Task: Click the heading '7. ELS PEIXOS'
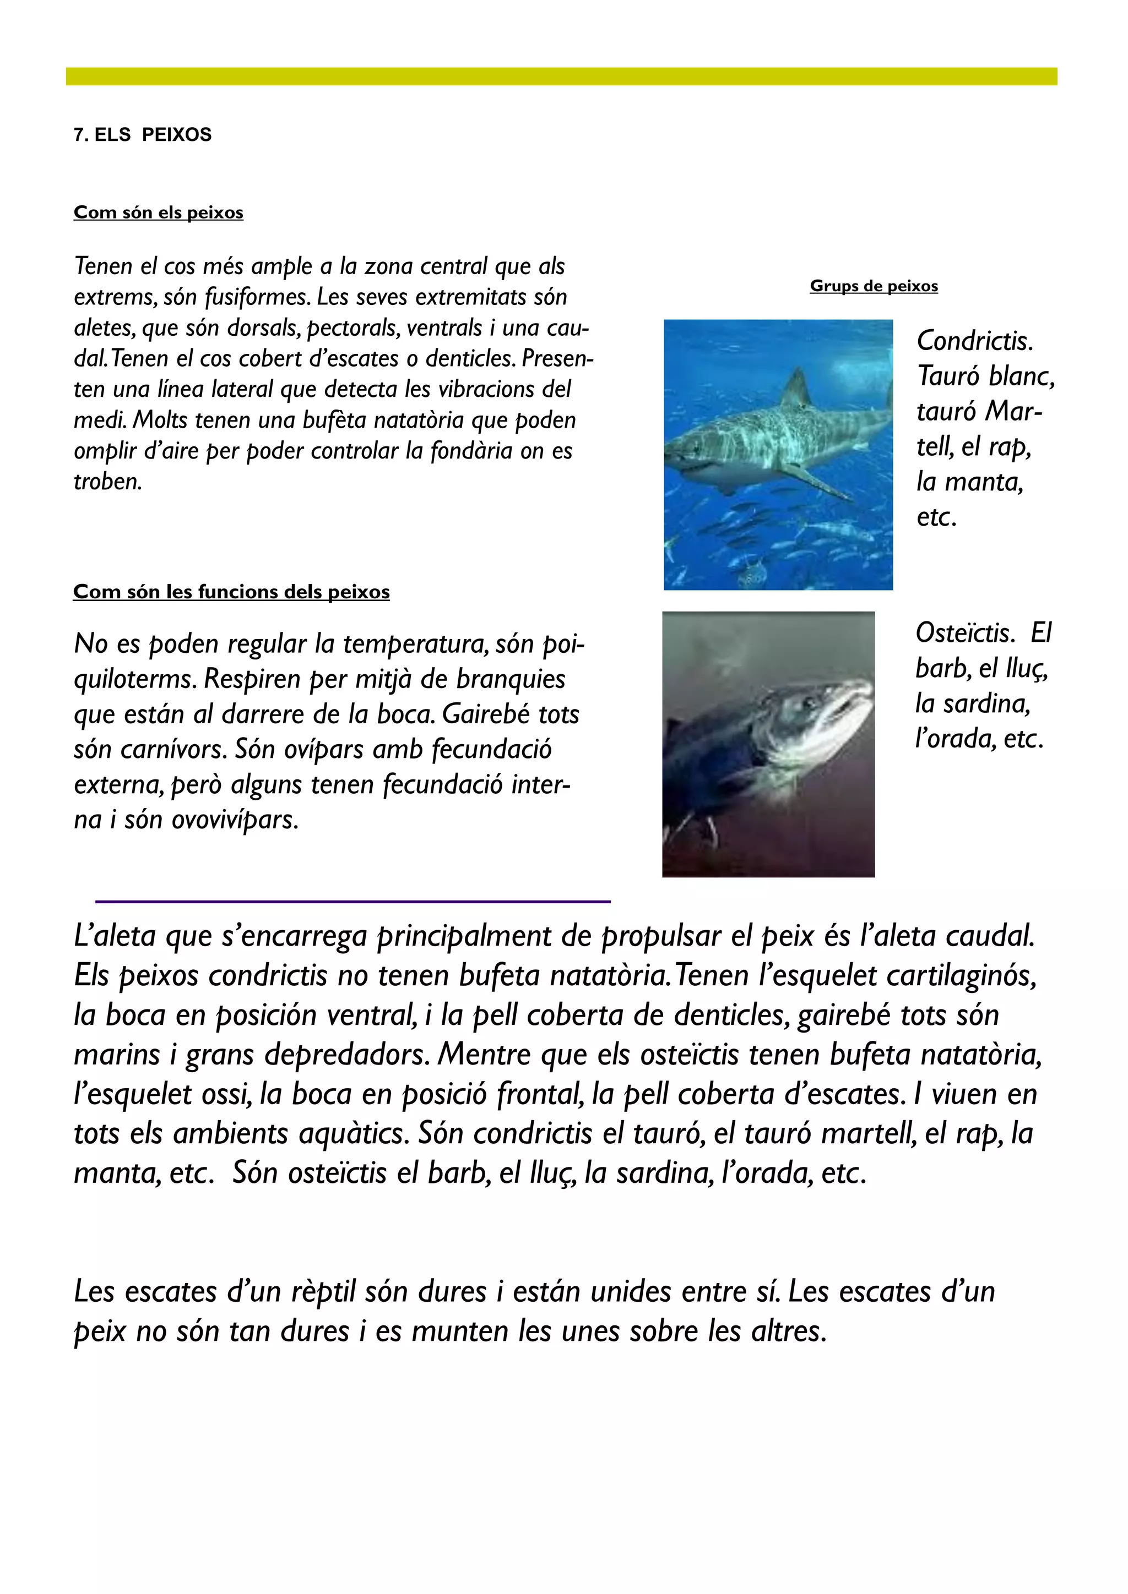click(x=143, y=135)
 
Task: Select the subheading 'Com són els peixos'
click(x=159, y=212)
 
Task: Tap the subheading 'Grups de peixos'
click(x=873, y=286)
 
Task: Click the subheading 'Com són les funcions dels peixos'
click(x=231, y=592)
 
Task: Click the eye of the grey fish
click(x=810, y=702)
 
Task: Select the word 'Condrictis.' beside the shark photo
click(x=974, y=341)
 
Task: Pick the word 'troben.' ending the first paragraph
click(x=107, y=482)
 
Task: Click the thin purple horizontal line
click(x=353, y=901)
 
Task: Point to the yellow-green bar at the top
click(x=561, y=77)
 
